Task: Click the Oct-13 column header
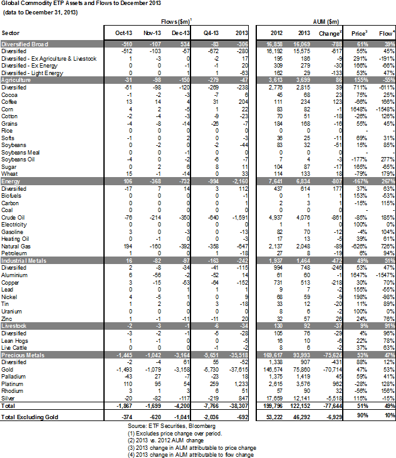123,32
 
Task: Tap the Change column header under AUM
330,32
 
